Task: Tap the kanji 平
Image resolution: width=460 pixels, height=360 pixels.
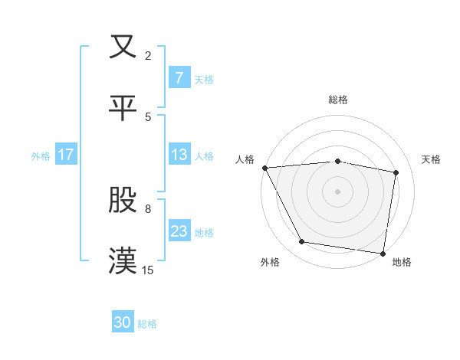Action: pos(123,107)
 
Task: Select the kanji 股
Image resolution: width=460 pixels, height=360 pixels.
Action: pos(123,200)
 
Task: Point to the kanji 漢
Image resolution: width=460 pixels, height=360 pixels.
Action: pos(123,261)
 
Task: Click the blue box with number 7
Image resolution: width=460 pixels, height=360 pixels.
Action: pos(179,78)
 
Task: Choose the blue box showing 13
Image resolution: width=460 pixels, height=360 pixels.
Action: pos(179,155)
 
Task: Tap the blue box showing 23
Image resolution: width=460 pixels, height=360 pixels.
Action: pos(179,231)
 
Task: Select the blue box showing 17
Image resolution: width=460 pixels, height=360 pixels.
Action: pos(66,155)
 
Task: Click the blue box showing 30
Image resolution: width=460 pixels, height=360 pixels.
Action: pos(123,323)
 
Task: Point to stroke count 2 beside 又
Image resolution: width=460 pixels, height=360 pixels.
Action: pos(148,55)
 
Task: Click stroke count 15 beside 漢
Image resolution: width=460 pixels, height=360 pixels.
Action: pos(148,270)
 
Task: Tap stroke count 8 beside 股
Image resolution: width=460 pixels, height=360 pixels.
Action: pos(148,208)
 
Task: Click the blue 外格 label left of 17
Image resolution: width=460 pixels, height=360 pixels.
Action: pos(41,155)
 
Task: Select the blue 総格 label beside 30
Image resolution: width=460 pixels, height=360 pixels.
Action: pos(147,324)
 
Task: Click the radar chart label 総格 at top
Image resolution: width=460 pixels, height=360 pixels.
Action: pos(338,100)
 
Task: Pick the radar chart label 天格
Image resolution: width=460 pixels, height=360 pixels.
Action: pos(432,159)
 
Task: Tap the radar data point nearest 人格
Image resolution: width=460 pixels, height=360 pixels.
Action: pos(264,168)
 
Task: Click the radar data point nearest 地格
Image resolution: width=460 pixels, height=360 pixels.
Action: pos(383,253)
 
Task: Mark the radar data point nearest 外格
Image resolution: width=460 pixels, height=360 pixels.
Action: pos(302,242)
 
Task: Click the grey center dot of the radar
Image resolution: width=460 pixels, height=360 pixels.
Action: pos(338,191)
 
